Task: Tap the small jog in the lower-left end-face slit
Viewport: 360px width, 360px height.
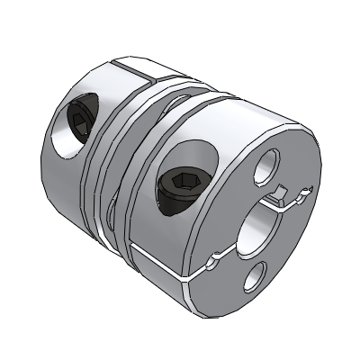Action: click(215, 260)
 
